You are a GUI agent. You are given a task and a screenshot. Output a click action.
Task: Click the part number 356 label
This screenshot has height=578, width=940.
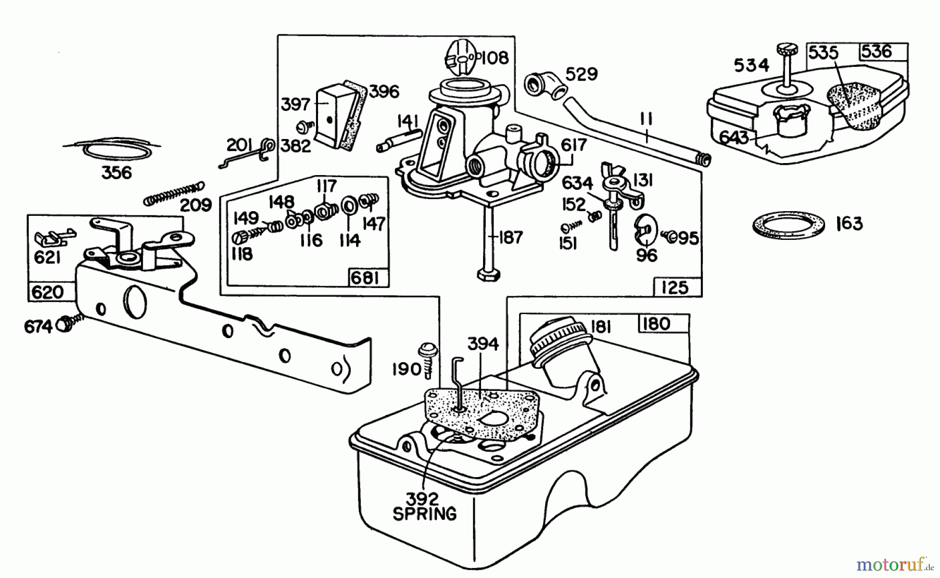[116, 172]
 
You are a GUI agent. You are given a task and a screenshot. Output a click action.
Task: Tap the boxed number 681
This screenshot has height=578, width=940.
[365, 278]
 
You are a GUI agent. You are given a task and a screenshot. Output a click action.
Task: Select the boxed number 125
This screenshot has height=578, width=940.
[674, 287]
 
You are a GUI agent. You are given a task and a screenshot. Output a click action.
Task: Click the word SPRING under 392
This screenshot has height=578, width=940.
[425, 514]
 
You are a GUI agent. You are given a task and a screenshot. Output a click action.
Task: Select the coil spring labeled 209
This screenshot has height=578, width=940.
[174, 193]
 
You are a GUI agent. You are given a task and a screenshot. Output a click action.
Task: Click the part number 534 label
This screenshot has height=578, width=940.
[751, 65]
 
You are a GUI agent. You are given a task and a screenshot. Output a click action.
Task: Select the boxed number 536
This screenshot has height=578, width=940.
[876, 51]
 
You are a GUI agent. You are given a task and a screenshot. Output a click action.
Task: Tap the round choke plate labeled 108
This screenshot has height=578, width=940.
[461, 57]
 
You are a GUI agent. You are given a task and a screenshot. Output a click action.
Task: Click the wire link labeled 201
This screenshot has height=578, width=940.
[244, 154]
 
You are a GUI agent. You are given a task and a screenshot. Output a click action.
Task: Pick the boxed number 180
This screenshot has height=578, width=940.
[656, 323]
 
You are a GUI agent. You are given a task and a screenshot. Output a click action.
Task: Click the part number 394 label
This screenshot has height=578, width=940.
[482, 344]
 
